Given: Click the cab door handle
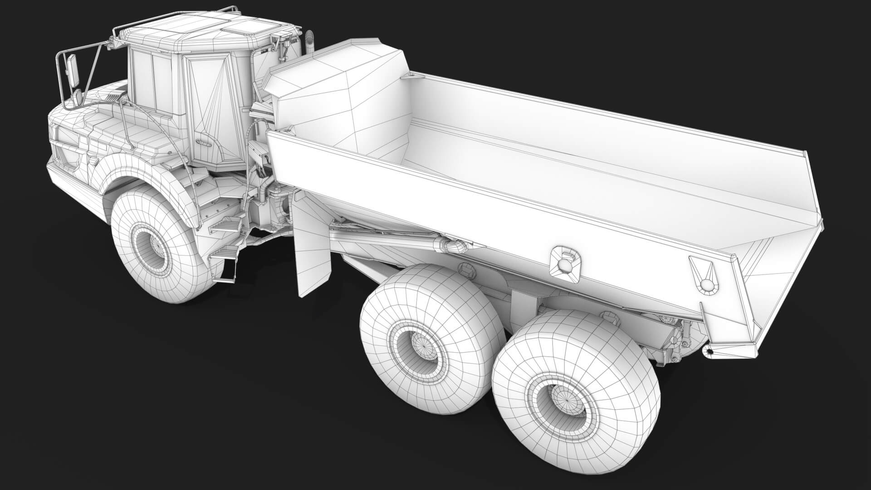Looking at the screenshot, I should click(204, 142).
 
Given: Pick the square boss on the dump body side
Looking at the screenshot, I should click(564, 262).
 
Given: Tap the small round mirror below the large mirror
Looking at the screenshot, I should click(78, 96).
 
